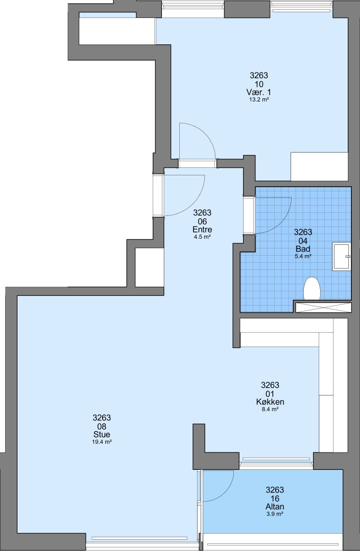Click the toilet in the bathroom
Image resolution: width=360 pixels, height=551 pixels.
312,288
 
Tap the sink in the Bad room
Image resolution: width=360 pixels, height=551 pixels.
342,257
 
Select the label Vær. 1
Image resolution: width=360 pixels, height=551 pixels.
259,92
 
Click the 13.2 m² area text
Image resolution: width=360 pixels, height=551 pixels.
259,100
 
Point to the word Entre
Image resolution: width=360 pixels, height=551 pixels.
202,230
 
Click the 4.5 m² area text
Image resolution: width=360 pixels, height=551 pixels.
202,237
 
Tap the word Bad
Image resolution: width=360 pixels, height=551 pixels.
303,249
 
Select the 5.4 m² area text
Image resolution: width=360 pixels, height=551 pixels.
303,257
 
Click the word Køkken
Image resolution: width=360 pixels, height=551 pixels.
270,402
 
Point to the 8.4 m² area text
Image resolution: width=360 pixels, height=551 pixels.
270,409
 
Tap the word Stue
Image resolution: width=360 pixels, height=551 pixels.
102,435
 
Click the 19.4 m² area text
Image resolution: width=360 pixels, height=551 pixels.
102,442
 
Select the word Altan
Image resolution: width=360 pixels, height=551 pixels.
275,507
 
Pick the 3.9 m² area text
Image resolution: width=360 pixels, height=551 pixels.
275,514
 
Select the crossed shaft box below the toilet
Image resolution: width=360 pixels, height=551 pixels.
323,307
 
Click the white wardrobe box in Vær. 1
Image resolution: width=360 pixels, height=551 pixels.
319,166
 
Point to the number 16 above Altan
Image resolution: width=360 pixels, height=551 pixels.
275,498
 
